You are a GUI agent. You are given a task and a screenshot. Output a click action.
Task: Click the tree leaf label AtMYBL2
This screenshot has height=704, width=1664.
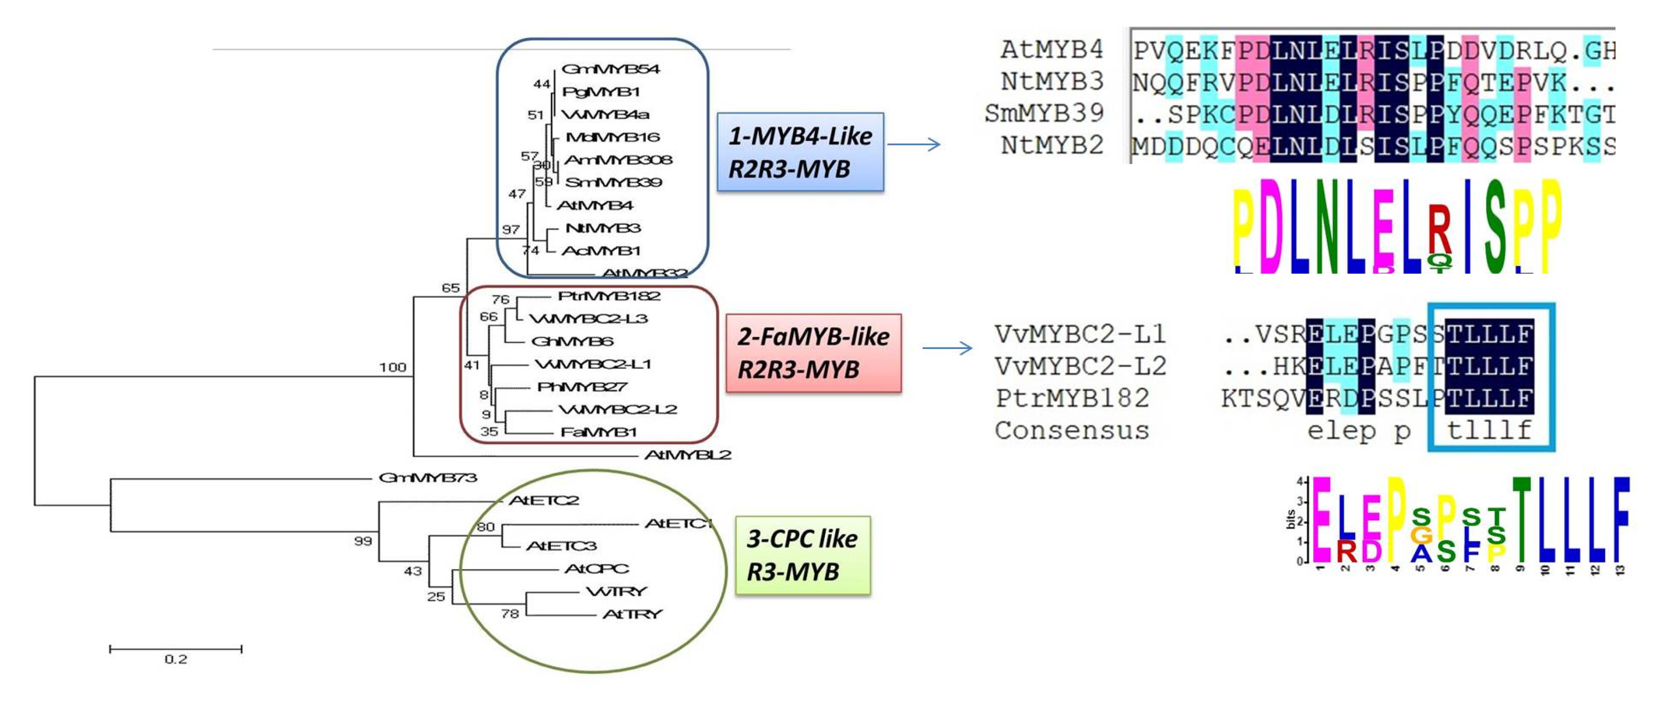[x=687, y=455]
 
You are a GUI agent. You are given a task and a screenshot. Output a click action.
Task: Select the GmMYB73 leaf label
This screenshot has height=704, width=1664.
[x=428, y=477]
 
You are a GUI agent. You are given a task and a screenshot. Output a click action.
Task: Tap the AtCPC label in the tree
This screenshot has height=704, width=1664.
[x=596, y=568]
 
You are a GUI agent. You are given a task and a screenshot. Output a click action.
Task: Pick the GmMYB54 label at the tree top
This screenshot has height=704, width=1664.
[x=610, y=68]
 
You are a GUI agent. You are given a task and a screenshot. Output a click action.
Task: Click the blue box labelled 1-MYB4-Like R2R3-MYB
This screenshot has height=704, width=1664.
[x=801, y=152]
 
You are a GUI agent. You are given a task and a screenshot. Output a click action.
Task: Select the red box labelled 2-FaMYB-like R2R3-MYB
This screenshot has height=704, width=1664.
[x=813, y=353]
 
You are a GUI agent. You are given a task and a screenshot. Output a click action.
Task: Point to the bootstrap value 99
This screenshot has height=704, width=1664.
[x=363, y=541]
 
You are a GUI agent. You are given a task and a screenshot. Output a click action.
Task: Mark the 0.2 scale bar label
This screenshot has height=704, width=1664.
[x=176, y=659]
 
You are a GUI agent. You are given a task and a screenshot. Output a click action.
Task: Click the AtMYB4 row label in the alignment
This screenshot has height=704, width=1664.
[x=1052, y=50]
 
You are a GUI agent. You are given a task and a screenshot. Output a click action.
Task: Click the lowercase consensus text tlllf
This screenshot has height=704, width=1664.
[x=1489, y=431]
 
